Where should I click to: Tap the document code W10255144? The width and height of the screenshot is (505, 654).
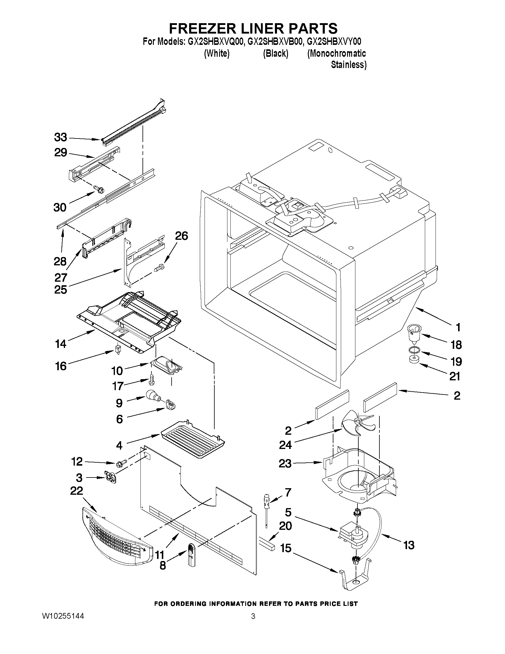click(63, 622)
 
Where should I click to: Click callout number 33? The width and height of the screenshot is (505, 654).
click(61, 138)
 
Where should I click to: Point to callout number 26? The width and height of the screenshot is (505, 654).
click(181, 236)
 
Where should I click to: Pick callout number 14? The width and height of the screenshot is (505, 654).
click(61, 344)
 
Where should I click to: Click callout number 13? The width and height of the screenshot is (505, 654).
click(409, 545)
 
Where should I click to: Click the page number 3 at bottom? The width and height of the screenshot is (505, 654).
click(253, 622)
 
